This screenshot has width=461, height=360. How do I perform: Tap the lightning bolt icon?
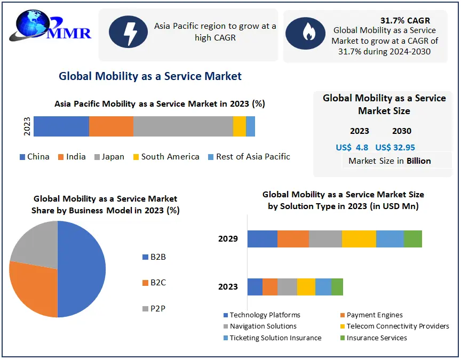coord(128,32)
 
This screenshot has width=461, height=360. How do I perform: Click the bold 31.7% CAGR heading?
coord(405,21)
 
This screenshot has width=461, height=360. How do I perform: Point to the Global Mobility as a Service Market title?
coord(150,76)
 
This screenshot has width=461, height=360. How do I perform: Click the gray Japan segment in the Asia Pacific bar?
coord(183,126)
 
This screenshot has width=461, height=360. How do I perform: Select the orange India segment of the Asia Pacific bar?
coord(111,126)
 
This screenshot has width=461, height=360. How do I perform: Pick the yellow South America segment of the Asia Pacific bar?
coord(240,126)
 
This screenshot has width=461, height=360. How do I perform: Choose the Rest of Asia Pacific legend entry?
coord(249,157)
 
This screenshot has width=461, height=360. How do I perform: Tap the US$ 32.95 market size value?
coord(395,147)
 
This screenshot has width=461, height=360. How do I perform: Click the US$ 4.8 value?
coord(352,147)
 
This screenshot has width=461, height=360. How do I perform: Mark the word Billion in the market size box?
coord(418,161)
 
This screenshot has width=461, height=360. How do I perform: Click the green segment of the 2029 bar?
coord(412,239)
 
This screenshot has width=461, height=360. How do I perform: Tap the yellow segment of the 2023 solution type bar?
coord(306,287)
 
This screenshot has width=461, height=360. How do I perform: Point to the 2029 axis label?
coord(228,239)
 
